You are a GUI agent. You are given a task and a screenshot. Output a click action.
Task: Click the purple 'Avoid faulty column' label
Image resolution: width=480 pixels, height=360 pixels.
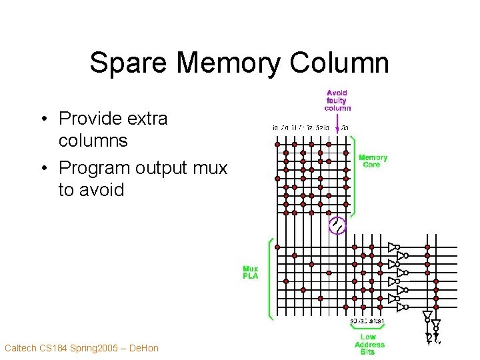337,101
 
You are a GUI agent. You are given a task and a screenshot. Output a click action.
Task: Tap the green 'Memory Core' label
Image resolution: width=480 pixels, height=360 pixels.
373,161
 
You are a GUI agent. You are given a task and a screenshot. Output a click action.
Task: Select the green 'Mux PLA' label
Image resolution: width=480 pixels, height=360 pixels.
251,272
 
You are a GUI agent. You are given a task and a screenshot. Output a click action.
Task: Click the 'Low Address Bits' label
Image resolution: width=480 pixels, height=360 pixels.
369,345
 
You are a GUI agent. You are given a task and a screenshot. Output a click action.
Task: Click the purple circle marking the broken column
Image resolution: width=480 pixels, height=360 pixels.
337,227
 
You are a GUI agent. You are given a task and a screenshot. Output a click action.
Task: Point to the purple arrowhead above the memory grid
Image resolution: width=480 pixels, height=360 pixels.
337,129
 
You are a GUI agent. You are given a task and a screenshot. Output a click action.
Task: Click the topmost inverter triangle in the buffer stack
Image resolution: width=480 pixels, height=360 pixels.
393,246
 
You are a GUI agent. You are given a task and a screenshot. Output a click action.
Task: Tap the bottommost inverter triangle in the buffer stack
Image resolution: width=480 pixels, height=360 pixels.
401,307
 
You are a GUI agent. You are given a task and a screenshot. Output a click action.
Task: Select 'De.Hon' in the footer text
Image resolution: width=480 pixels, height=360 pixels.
143,348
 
